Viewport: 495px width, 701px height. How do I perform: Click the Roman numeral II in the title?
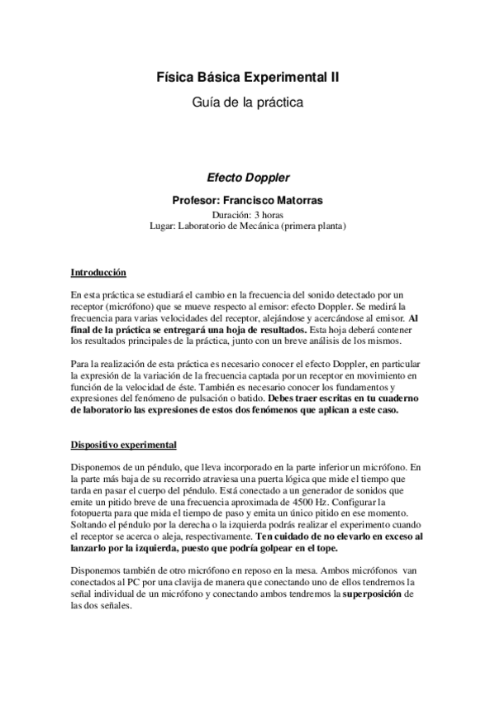click(332, 78)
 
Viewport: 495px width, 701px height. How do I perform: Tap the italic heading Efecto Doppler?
click(247, 177)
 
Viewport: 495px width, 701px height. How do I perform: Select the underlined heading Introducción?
click(98, 272)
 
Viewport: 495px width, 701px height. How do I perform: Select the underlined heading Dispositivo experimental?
click(122, 445)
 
